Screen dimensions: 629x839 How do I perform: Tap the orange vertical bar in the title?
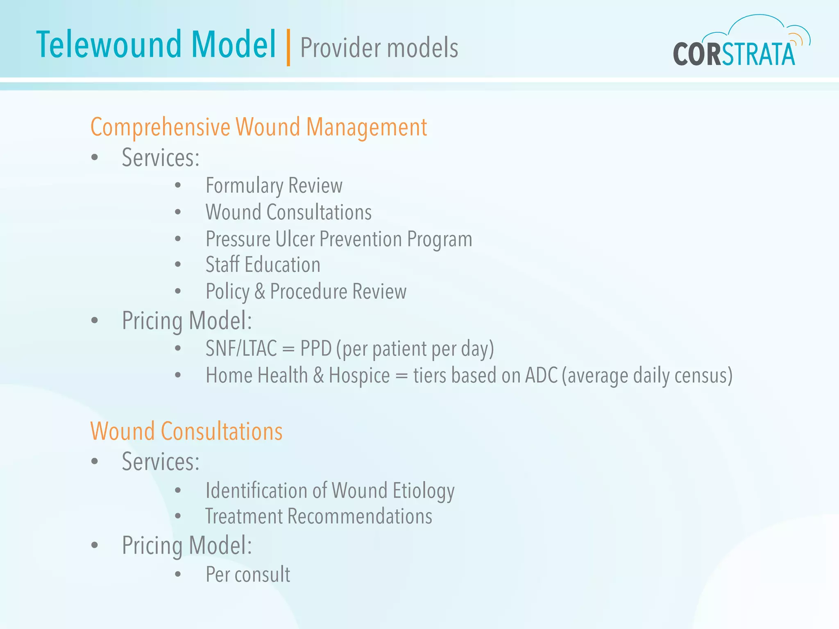[x=288, y=48]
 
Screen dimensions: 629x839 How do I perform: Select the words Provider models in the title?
[x=379, y=48]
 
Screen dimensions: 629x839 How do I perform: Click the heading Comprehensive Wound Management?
[x=259, y=127]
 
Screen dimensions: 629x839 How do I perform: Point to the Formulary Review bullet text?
[x=274, y=186]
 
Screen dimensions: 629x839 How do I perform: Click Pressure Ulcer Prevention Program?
[x=338, y=239]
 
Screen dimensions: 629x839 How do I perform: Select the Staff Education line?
[x=263, y=265]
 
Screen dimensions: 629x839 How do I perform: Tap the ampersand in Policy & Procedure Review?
[x=260, y=292]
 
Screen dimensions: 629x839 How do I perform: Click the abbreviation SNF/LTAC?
[x=241, y=349]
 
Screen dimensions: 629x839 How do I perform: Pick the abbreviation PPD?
[x=316, y=349]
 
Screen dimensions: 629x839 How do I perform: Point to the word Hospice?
[x=359, y=376]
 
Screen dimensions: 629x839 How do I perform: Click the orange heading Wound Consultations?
[x=186, y=432]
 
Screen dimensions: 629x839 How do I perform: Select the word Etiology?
[x=424, y=491]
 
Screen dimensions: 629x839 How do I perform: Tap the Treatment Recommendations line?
[x=319, y=516]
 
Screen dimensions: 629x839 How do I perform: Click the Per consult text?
[x=248, y=575]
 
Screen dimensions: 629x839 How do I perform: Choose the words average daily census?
[x=647, y=376]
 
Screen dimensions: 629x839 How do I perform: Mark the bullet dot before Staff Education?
[x=178, y=265]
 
